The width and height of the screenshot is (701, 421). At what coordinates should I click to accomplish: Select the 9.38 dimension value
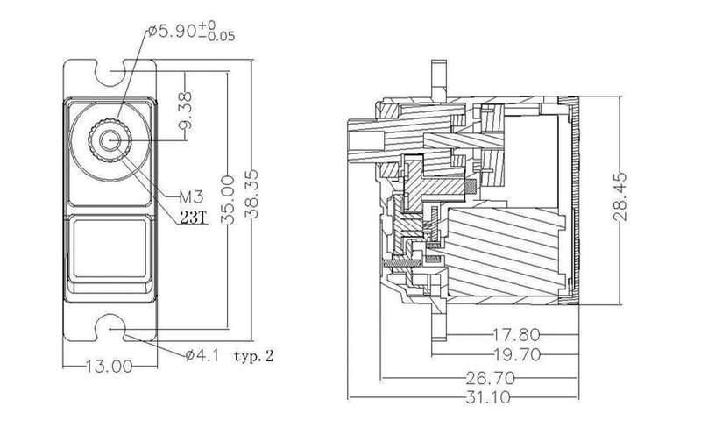click(185, 110)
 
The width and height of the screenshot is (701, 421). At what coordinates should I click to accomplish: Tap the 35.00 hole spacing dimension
click(228, 199)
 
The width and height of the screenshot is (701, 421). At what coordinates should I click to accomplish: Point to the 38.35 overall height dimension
click(252, 194)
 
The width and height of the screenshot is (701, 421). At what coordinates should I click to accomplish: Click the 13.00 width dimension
click(109, 367)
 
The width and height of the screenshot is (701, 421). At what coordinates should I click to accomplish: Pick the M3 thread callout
click(191, 196)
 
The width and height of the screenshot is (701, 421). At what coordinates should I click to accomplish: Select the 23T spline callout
click(194, 217)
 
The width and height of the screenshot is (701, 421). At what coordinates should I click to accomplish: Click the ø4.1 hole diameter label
click(202, 356)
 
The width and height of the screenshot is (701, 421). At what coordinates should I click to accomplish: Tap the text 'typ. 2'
click(253, 356)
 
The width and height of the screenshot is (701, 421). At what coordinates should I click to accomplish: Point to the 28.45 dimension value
click(620, 196)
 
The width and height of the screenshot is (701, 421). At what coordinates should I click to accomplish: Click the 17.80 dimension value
click(516, 334)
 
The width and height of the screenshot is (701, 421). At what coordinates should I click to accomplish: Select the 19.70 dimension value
click(516, 355)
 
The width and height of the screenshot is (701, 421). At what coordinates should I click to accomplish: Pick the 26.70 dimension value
click(491, 378)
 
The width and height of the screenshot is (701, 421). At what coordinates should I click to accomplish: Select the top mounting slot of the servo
click(110, 73)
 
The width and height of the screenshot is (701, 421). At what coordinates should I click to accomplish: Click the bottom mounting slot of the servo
click(110, 328)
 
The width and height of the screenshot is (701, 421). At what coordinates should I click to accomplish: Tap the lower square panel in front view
click(110, 249)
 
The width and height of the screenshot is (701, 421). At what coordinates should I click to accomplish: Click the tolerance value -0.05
click(216, 37)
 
